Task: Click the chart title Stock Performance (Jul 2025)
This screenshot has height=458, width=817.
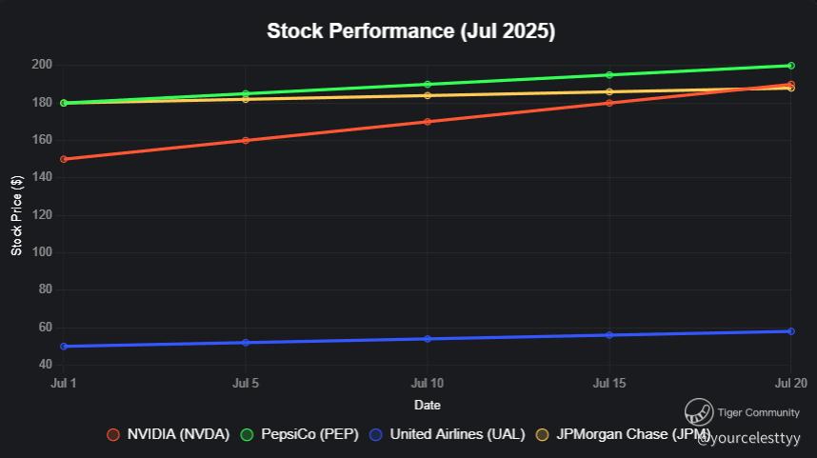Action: pyautogui.click(x=410, y=31)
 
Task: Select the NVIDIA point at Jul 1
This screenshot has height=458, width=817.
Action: pyautogui.click(x=64, y=159)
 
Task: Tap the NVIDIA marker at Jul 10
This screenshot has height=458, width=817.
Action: pyautogui.click(x=428, y=122)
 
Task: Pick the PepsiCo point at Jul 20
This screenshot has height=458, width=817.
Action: pyautogui.click(x=790, y=66)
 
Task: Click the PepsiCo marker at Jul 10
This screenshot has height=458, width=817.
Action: pyautogui.click(x=428, y=85)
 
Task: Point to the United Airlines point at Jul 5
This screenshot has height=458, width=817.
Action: pyautogui.click(x=246, y=343)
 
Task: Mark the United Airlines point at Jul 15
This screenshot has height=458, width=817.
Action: pyautogui.click(x=609, y=335)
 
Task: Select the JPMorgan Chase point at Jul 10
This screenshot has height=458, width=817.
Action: pyautogui.click(x=428, y=95)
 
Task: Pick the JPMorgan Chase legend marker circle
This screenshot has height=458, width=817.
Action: pyautogui.click(x=543, y=434)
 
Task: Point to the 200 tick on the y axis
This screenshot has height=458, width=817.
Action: pyautogui.click(x=40, y=65)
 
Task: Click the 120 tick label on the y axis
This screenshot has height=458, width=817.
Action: pyautogui.click(x=40, y=215)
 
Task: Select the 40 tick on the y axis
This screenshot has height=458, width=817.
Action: pyautogui.click(x=44, y=365)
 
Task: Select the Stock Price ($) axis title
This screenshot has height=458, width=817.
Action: pyautogui.click(x=16, y=215)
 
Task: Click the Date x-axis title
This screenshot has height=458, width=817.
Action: pyautogui.click(x=428, y=406)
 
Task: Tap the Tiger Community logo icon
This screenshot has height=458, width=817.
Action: pyautogui.click(x=699, y=412)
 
